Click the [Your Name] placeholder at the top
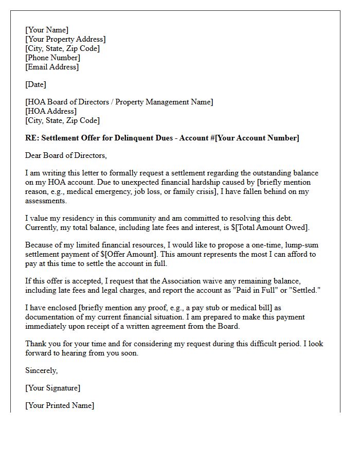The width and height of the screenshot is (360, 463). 47,30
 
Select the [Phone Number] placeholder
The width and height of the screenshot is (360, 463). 52,58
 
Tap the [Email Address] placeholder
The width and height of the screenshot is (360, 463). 52,67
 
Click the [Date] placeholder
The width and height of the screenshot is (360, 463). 35,84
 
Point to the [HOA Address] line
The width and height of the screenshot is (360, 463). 51,111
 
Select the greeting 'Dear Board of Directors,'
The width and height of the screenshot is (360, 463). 66,155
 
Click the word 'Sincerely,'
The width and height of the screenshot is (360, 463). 42,370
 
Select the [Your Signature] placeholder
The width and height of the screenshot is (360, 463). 53,388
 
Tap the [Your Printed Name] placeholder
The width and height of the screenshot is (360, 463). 60,405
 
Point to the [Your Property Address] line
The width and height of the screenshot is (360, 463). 65,39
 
